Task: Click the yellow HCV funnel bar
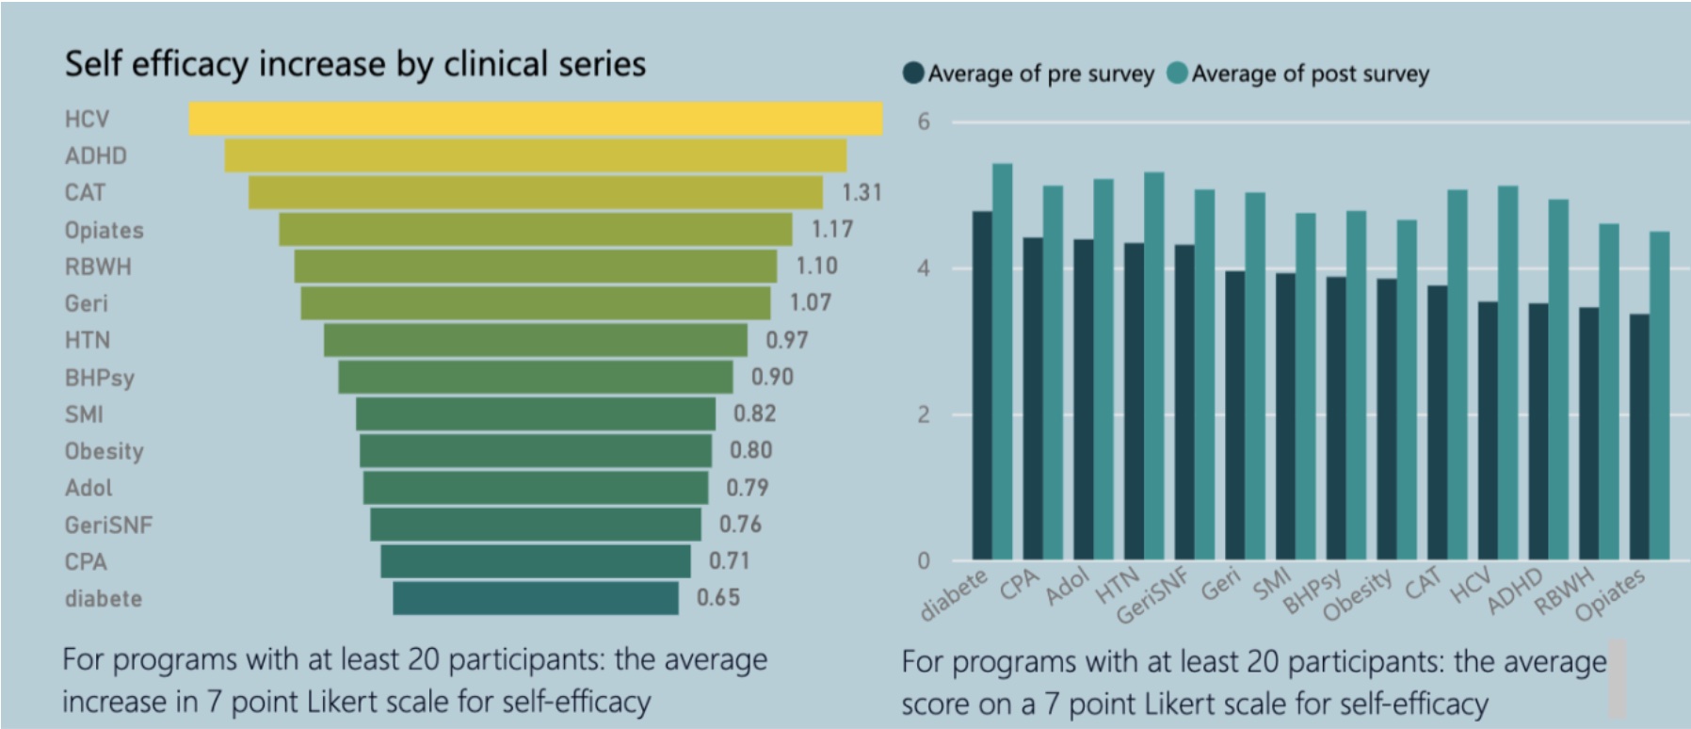(x=535, y=119)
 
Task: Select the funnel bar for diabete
(x=535, y=598)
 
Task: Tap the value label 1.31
(x=861, y=192)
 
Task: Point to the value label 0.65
(x=717, y=597)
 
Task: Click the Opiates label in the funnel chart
(x=104, y=230)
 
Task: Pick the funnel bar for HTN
(x=535, y=340)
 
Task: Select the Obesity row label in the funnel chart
(x=104, y=451)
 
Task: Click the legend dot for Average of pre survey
(x=912, y=73)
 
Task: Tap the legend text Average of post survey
(x=1310, y=73)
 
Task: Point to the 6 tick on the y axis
(x=923, y=121)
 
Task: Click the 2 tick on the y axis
(x=923, y=414)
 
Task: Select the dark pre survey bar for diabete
(x=982, y=385)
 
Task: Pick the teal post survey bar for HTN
(x=1153, y=366)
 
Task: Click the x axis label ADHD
(x=1515, y=591)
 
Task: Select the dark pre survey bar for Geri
(x=1234, y=415)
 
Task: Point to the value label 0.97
(x=786, y=340)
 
